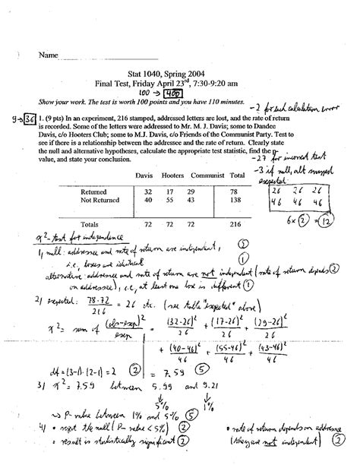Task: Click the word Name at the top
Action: click(48, 56)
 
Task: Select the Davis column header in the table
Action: click(142, 176)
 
